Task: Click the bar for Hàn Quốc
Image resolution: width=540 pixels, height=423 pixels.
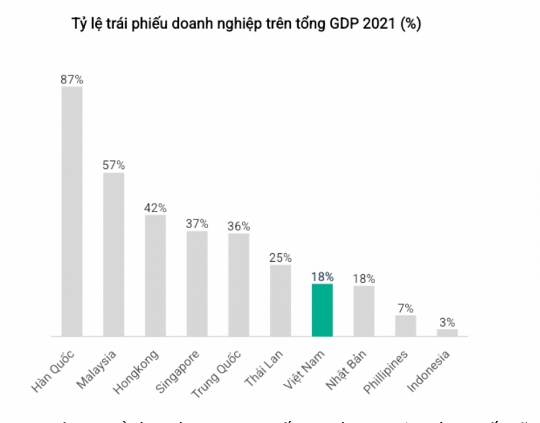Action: pyautogui.click(x=72, y=211)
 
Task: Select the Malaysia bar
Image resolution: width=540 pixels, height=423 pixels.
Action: pyautogui.click(x=114, y=255)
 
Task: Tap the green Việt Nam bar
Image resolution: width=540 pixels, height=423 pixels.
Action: pyautogui.click(x=322, y=310)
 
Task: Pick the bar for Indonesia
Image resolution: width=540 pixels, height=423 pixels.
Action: pyautogui.click(x=447, y=332)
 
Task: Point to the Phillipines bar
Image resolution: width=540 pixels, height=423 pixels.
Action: pyautogui.click(x=405, y=326)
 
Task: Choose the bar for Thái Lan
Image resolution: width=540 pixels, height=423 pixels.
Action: pyautogui.click(x=281, y=301)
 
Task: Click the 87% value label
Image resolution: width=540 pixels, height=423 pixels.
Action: pyautogui.click(x=72, y=80)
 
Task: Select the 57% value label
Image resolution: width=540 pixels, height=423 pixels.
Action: pyautogui.click(x=114, y=165)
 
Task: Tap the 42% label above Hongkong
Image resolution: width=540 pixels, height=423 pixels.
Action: pyautogui.click(x=156, y=208)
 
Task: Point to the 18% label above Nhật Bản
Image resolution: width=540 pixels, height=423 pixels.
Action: pyautogui.click(x=364, y=278)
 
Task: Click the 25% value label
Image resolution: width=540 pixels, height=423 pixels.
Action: pyautogui.click(x=281, y=257)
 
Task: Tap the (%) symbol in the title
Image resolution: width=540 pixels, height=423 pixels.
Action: pyautogui.click(x=411, y=24)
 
